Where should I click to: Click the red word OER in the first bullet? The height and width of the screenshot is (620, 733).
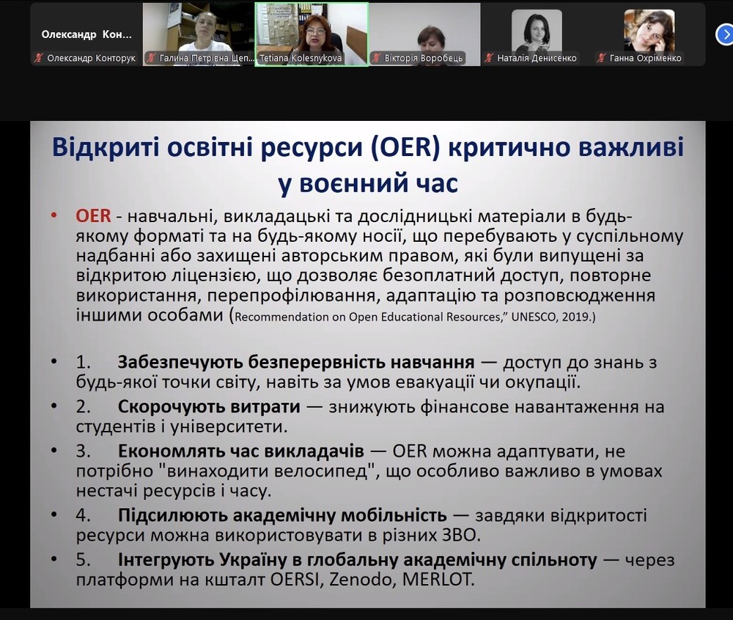pyautogui.click(x=94, y=216)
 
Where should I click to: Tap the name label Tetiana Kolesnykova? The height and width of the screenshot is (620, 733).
pyautogui.click(x=301, y=59)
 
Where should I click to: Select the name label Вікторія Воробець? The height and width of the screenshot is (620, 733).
pyautogui.click(x=424, y=59)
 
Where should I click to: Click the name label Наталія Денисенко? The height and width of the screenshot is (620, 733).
pyautogui.click(x=537, y=59)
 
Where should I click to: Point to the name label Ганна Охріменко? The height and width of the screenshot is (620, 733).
pyautogui.click(x=646, y=59)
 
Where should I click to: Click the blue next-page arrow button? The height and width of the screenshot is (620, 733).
pyautogui.click(x=725, y=34)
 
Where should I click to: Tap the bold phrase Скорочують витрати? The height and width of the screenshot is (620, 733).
pyautogui.click(x=209, y=407)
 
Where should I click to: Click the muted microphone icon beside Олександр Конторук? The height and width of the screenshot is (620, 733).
pyautogui.click(x=38, y=59)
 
